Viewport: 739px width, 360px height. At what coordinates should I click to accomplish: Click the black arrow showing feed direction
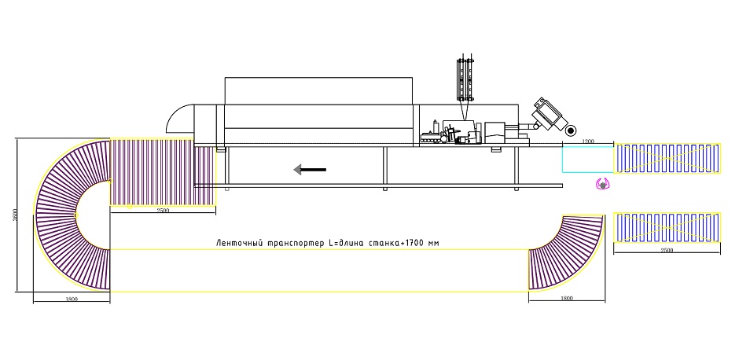(309, 169)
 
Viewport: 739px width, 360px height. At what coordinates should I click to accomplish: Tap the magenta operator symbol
(603, 185)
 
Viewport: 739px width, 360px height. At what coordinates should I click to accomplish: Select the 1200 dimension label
(588, 141)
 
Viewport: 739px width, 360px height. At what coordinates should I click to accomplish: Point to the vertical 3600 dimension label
(15, 215)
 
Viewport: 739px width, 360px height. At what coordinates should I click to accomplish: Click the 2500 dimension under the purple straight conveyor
(163, 211)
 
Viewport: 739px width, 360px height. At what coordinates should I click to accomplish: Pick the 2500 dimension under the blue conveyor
(667, 250)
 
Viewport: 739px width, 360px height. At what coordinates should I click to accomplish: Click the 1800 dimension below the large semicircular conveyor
(72, 299)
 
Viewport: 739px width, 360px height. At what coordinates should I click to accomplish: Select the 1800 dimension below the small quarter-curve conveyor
(567, 298)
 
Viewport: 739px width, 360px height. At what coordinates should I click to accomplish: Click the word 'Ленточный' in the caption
(240, 243)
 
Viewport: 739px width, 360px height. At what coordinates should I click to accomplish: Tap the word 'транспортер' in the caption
(296, 244)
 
